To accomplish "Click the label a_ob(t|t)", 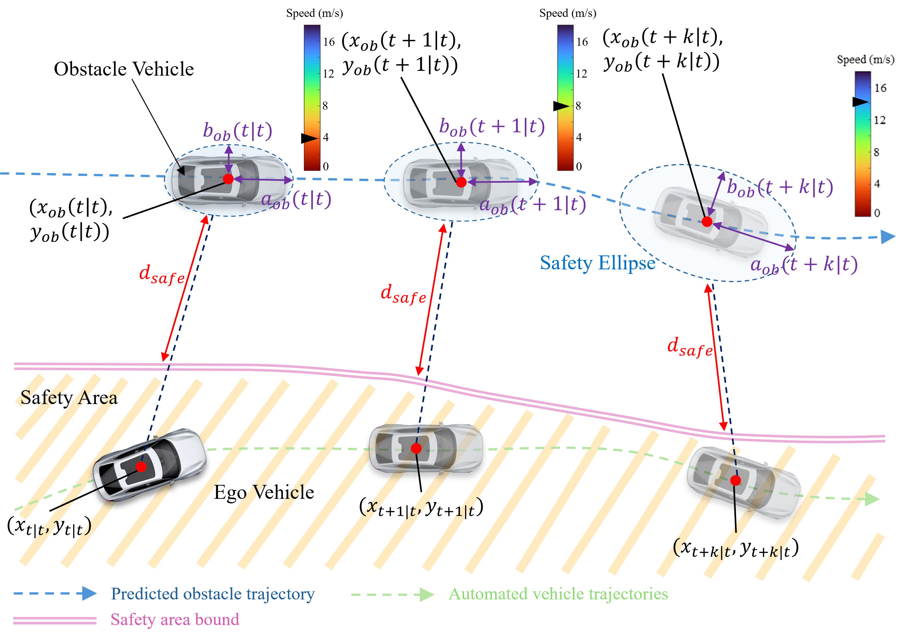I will (296, 200).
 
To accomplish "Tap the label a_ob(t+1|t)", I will (533, 205).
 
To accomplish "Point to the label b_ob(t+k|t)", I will (780, 187).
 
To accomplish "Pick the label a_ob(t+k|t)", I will (804, 265).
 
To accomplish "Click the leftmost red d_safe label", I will (162, 275).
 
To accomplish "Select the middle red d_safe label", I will (403, 294).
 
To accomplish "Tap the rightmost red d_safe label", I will (690, 347).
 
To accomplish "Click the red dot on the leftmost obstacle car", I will (228, 179).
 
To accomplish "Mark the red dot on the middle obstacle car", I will (461, 182).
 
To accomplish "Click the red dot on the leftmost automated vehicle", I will (141, 467).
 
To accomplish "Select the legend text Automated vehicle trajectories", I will (558, 594).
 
